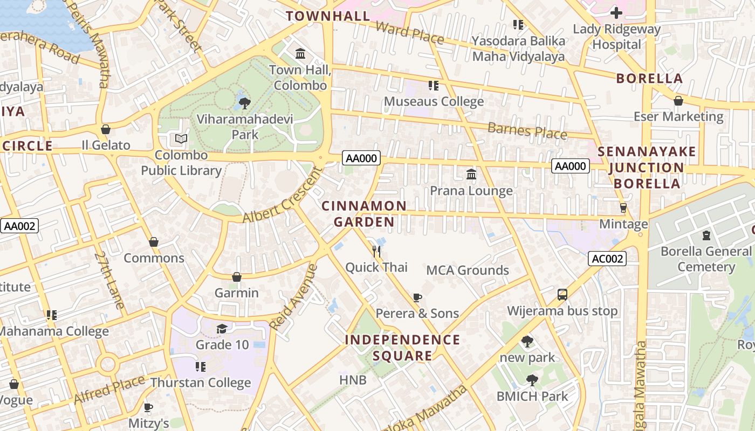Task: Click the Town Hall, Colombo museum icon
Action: pos(300,54)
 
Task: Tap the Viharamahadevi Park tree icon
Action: pos(244,102)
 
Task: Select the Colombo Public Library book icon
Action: pos(181,139)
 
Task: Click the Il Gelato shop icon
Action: pos(106,129)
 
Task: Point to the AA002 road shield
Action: pos(20,226)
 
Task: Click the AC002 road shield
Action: pos(607,259)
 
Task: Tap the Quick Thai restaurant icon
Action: pos(376,251)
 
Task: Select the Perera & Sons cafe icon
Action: pos(417,297)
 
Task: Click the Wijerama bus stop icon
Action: pos(562,295)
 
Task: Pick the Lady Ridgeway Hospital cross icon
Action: pos(616,13)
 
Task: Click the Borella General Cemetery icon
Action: pos(706,235)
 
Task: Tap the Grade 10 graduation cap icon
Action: pos(221,329)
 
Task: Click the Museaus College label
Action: pos(434,101)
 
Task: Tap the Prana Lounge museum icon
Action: pos(471,174)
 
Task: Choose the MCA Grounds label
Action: pos(468,270)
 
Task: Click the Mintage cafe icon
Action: pos(623,208)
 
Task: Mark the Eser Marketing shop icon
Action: pos(678,101)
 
